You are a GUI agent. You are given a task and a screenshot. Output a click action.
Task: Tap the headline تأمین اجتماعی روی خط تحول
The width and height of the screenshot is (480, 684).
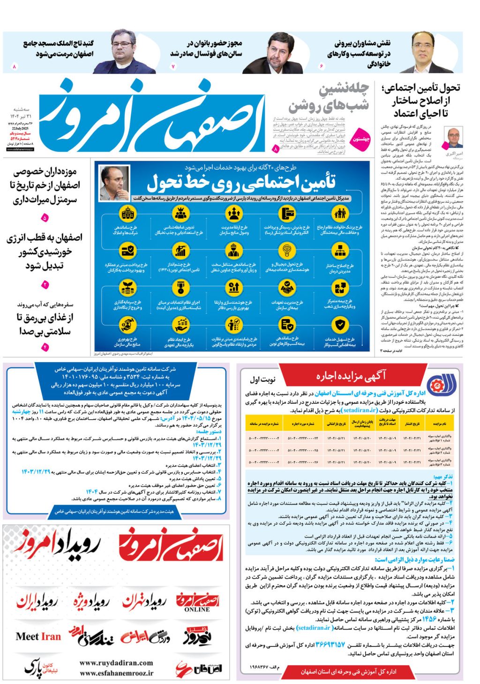point(241,183)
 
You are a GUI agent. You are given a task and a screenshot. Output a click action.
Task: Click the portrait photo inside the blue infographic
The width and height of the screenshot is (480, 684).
point(114,183)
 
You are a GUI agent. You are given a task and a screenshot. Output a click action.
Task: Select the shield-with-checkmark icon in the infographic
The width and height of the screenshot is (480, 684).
point(339,325)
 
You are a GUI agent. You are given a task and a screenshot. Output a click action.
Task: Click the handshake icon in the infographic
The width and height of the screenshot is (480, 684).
point(287,287)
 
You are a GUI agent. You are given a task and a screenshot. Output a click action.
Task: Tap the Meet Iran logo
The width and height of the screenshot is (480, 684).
point(38,636)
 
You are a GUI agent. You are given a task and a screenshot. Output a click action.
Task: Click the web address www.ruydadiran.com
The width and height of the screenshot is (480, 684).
point(116,662)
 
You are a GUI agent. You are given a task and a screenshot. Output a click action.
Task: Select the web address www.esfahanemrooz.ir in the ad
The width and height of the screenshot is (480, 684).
point(116,673)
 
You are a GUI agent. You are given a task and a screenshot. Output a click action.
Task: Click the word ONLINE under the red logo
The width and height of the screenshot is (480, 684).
point(197,610)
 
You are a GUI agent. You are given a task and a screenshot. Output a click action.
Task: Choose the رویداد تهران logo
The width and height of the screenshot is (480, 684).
point(143,602)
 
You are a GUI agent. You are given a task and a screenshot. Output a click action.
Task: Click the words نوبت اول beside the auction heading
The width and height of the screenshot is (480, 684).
point(262,379)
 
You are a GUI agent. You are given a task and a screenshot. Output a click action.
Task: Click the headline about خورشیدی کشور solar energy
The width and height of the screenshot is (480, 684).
point(45,252)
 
